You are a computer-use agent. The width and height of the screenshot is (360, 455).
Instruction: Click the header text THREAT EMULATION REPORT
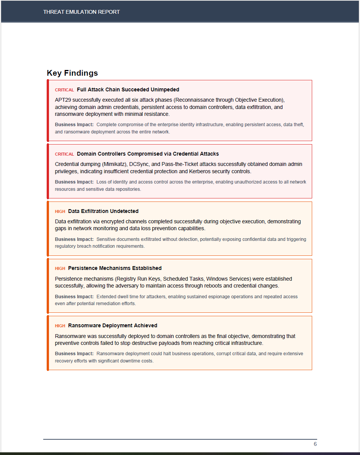click(81, 12)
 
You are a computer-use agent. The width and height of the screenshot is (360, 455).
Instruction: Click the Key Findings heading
click(72, 73)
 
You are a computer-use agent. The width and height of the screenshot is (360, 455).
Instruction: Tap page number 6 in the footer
click(315, 444)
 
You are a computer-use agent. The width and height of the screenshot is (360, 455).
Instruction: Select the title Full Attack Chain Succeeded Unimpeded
click(128, 89)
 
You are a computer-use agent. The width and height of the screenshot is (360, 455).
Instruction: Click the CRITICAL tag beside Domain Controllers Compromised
click(64, 154)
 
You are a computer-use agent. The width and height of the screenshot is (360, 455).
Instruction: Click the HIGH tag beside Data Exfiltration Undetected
click(60, 211)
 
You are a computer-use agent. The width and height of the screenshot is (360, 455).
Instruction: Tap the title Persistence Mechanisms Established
click(115, 268)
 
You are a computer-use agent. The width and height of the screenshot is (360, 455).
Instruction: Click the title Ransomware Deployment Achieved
click(112, 325)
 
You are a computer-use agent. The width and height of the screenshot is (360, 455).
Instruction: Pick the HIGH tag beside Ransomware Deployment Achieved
click(60, 326)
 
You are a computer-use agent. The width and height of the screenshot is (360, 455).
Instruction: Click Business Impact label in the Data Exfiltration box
click(74, 239)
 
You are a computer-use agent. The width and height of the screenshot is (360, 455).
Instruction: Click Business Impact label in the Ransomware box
click(74, 354)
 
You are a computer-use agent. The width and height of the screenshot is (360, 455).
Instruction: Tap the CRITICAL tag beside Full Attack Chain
click(64, 90)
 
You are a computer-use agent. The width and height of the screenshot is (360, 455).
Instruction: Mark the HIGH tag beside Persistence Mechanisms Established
click(60, 268)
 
